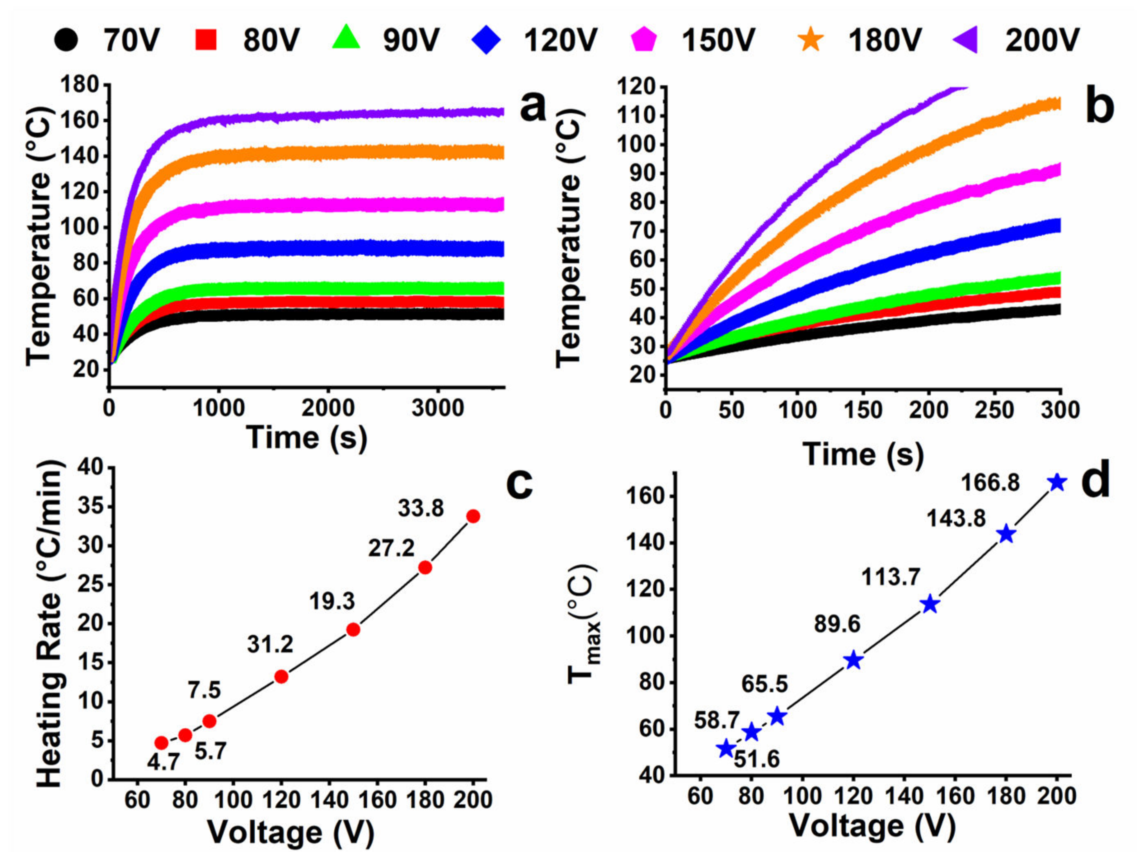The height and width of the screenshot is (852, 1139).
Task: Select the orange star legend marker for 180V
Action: [812, 40]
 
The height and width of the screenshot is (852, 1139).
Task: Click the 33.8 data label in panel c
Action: [421, 509]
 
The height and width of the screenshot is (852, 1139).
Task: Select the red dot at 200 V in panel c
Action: [473, 517]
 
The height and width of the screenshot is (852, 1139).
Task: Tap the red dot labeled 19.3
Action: [353, 630]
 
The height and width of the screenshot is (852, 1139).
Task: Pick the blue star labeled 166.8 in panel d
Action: [1057, 483]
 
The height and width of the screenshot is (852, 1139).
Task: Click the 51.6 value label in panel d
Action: [756, 759]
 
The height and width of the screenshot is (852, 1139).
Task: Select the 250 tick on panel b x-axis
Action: [994, 410]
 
